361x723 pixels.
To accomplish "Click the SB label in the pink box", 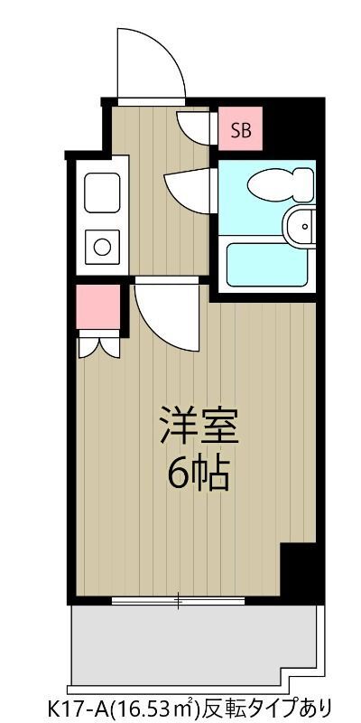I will [241, 130].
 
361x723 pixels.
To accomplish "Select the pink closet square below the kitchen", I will [98, 307].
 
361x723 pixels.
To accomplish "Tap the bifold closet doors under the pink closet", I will [98, 346].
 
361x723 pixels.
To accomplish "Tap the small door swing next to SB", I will [195, 127].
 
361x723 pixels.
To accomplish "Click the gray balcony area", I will [194, 643].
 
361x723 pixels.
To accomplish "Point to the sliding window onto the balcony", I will [179, 599].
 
